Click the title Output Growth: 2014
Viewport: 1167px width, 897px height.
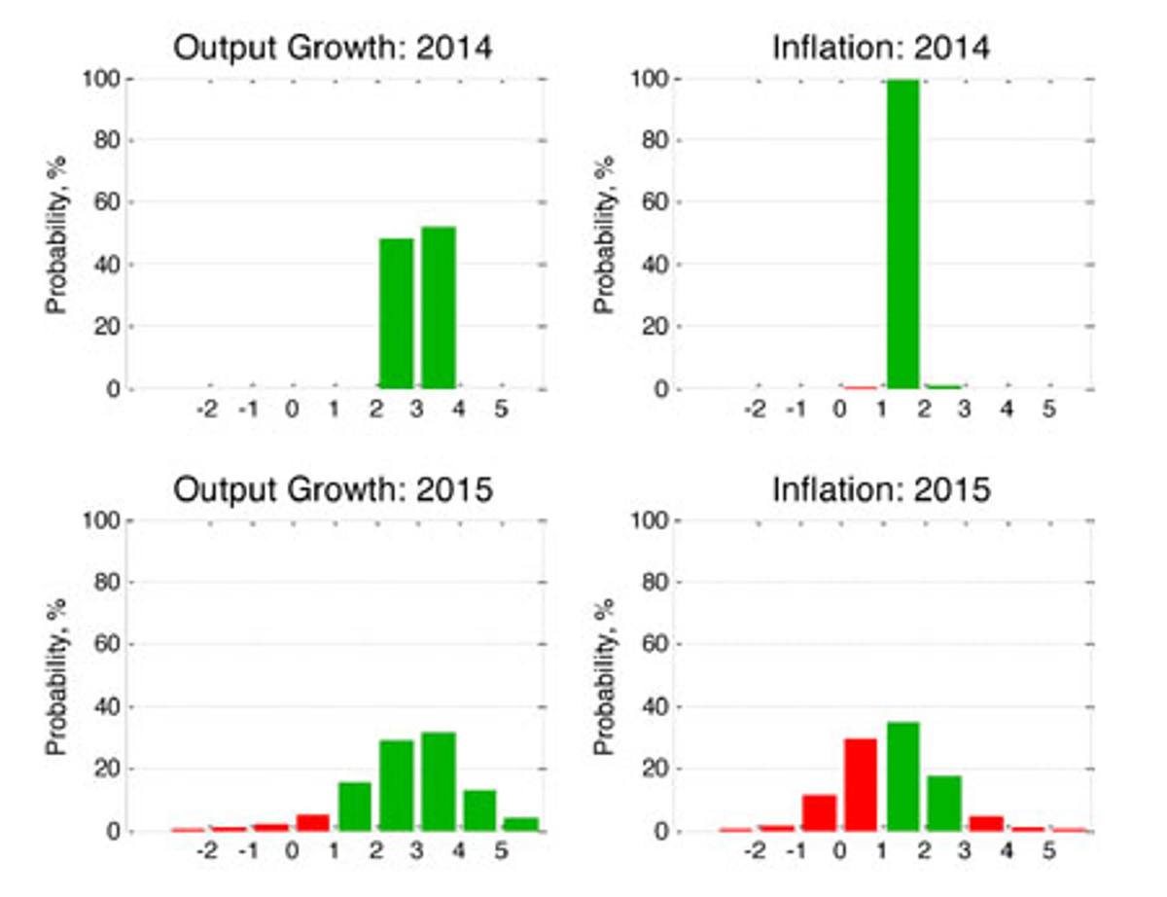pos(333,49)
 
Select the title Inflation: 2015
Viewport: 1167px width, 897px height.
pos(881,490)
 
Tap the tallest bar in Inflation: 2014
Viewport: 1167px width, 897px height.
pos(902,234)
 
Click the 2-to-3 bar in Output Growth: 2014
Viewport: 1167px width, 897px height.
pos(397,313)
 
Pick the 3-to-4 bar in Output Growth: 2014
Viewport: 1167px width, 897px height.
pos(439,307)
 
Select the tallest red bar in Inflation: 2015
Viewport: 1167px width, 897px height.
pos(861,785)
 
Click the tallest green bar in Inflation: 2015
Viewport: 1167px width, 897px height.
pos(902,776)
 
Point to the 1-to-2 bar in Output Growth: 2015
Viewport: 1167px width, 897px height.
pos(354,807)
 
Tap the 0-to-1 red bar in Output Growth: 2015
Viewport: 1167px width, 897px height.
pos(312,822)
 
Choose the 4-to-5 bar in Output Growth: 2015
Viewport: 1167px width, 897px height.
pos(479,810)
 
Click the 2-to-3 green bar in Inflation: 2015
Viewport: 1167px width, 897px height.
pos(944,804)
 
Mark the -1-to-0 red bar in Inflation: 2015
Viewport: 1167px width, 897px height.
pos(819,812)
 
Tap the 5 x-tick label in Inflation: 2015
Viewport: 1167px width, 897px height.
pos(1049,851)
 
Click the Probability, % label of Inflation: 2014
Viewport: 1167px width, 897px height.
pos(605,234)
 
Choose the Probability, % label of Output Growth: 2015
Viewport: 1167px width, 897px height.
pos(56,677)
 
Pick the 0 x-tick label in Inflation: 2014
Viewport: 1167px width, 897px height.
pos(839,410)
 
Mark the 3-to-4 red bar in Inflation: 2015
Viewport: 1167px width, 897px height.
pos(986,823)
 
